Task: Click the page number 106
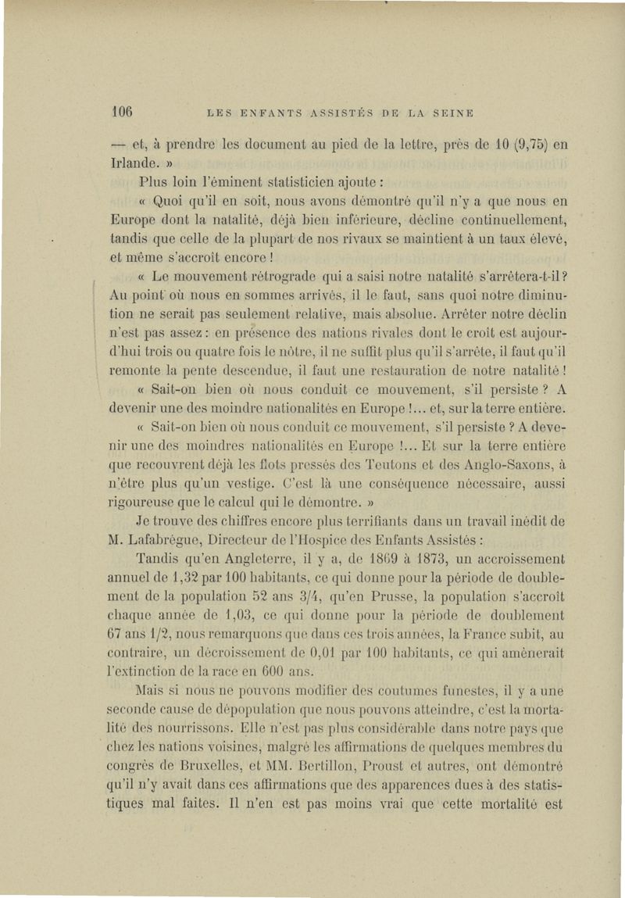click(124, 110)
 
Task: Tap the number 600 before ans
click(262, 671)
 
